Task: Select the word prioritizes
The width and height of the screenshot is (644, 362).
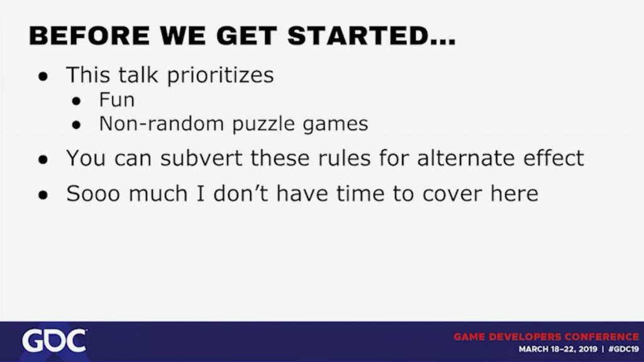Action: pos(220,75)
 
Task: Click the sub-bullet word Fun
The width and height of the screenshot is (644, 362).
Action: pos(116,100)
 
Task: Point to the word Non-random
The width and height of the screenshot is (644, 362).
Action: pos(162,124)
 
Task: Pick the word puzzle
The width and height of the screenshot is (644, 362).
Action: pos(264,124)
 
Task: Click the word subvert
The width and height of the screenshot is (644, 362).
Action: pos(201,158)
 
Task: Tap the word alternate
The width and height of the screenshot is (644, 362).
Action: pos(466,158)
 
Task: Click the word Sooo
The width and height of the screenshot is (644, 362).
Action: pos(93,194)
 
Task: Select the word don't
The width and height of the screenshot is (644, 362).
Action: pos(241,193)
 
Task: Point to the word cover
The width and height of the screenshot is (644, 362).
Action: pos(452,194)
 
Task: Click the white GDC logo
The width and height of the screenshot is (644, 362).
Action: pos(54,341)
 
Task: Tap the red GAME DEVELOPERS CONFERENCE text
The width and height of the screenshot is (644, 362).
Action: pos(547,337)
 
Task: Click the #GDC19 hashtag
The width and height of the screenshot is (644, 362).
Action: pos(623,349)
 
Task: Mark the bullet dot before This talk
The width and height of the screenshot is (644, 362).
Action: pos(43,76)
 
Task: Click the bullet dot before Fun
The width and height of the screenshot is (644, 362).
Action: pos(76,101)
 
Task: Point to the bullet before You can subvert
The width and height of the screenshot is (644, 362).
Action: pos(43,159)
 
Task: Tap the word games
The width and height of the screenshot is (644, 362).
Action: pos(335,124)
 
